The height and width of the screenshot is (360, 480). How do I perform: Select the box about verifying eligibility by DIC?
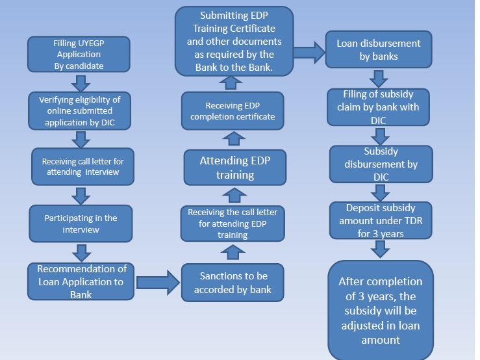[80, 110]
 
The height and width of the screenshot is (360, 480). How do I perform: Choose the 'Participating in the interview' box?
[80, 224]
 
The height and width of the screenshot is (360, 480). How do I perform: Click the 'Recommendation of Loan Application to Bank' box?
[81, 281]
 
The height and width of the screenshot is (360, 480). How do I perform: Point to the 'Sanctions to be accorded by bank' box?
[233, 282]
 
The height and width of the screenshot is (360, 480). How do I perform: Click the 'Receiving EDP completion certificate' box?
[233, 110]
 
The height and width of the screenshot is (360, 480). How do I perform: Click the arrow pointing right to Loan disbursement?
[309, 51]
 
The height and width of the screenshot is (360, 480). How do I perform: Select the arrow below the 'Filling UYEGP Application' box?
[80, 83]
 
